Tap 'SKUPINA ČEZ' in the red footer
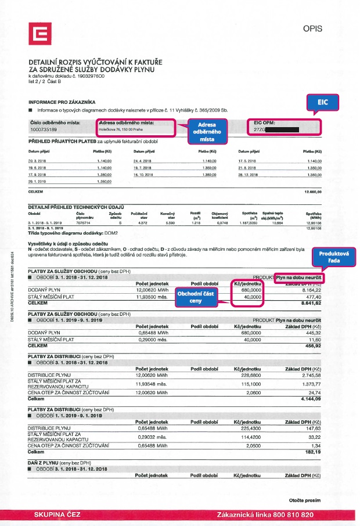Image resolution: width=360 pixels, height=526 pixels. point(57,515)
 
